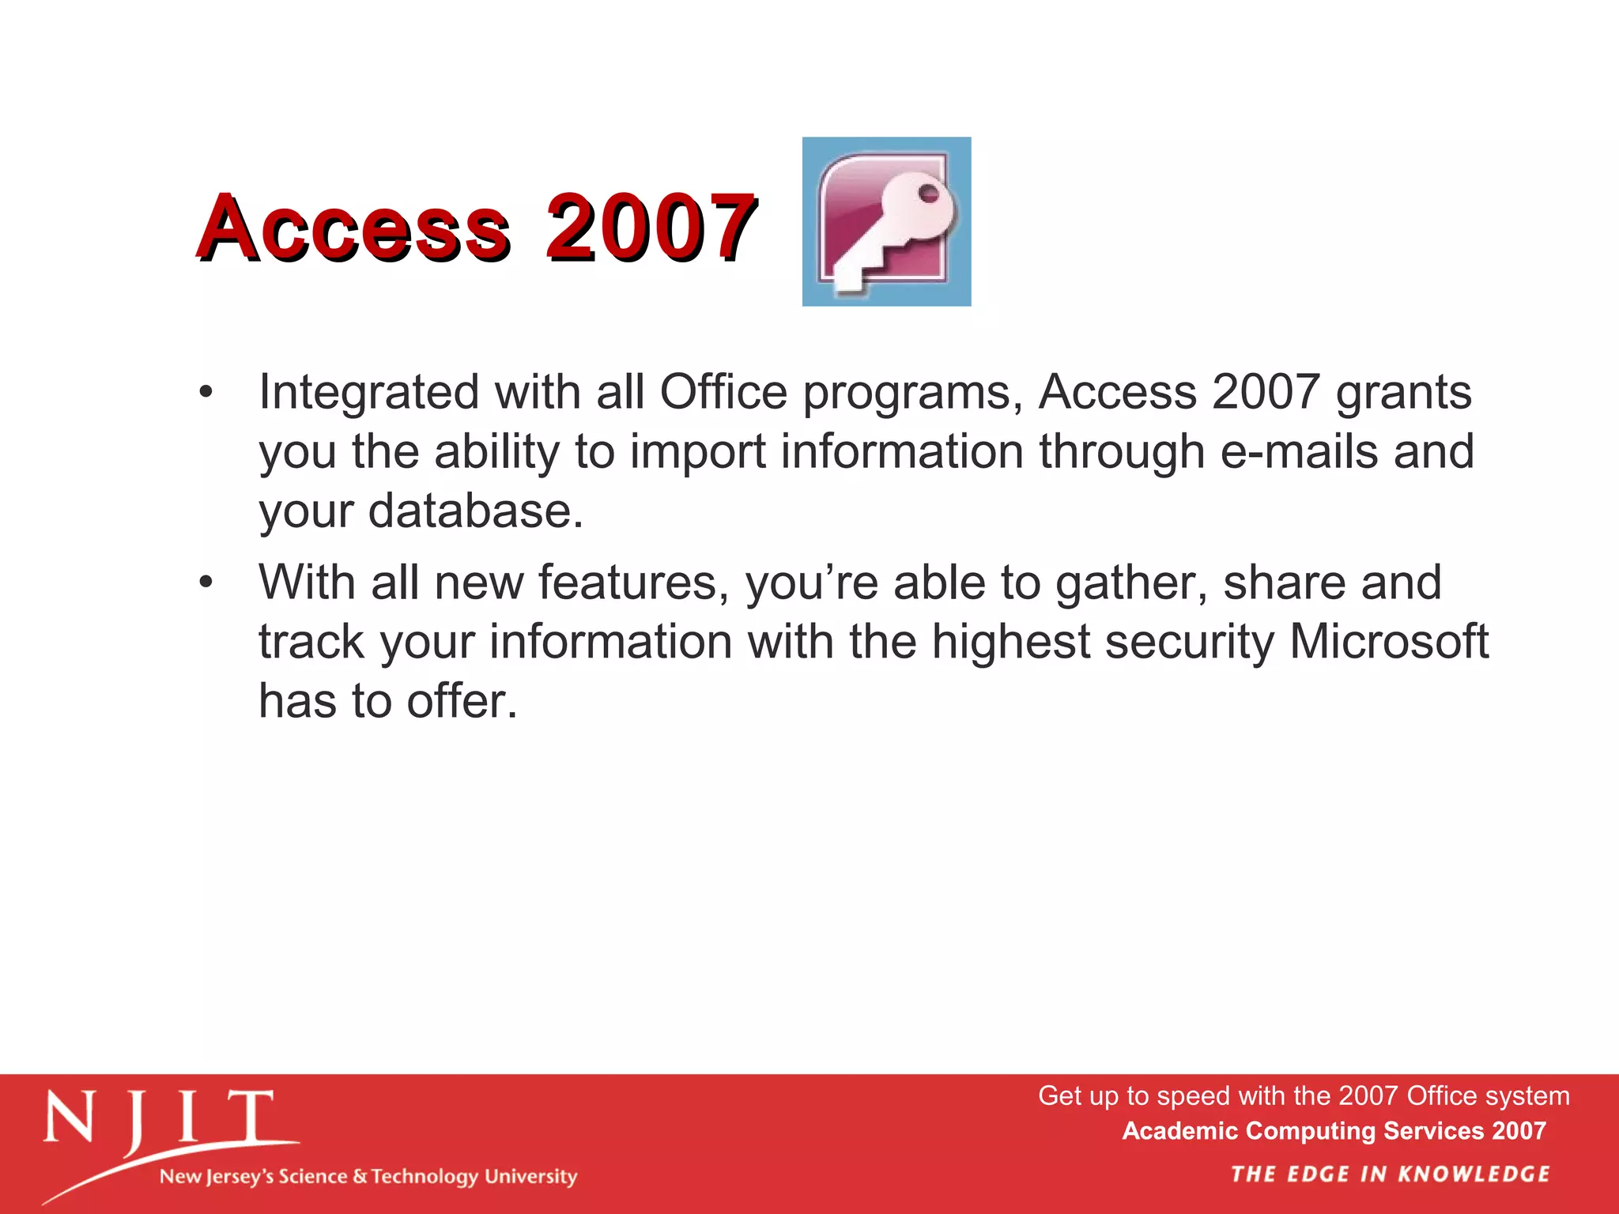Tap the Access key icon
click(x=886, y=221)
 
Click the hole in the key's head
click(x=928, y=194)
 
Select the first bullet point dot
click(x=206, y=392)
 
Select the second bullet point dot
click(x=206, y=582)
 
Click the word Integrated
click(x=368, y=392)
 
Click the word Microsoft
click(x=1389, y=641)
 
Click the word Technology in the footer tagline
click(x=425, y=1177)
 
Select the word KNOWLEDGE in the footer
click(x=1474, y=1174)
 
